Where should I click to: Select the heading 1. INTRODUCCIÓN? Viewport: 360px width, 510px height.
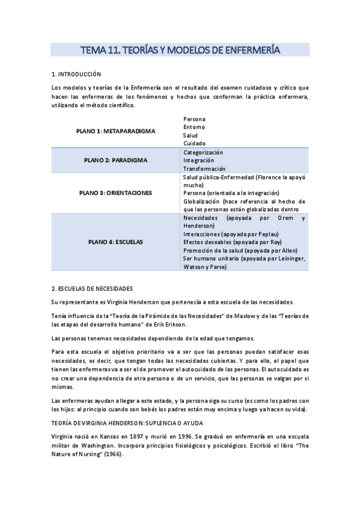(x=76, y=75)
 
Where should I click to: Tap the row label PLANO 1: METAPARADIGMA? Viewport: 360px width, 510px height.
(x=115, y=131)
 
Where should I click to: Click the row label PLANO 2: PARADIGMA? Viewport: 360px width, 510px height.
(x=115, y=161)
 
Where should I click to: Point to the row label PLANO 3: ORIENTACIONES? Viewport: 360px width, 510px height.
(x=115, y=193)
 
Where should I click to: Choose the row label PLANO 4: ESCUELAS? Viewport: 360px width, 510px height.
(x=115, y=242)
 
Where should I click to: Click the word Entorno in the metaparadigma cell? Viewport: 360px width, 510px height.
(x=194, y=127)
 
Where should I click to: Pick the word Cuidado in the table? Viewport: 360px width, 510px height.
(x=194, y=143)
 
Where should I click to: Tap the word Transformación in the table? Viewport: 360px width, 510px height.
(x=204, y=169)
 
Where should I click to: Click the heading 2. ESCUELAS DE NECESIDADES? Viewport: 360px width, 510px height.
(x=92, y=289)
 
